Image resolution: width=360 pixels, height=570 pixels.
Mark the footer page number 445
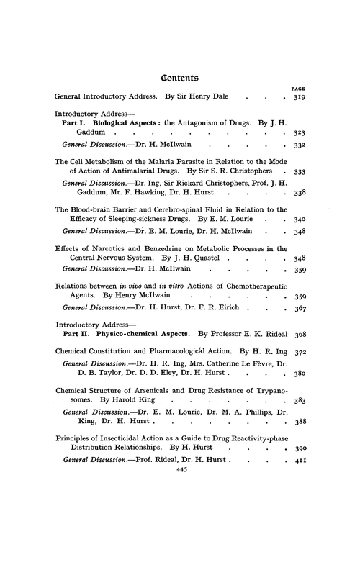(x=181, y=528)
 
